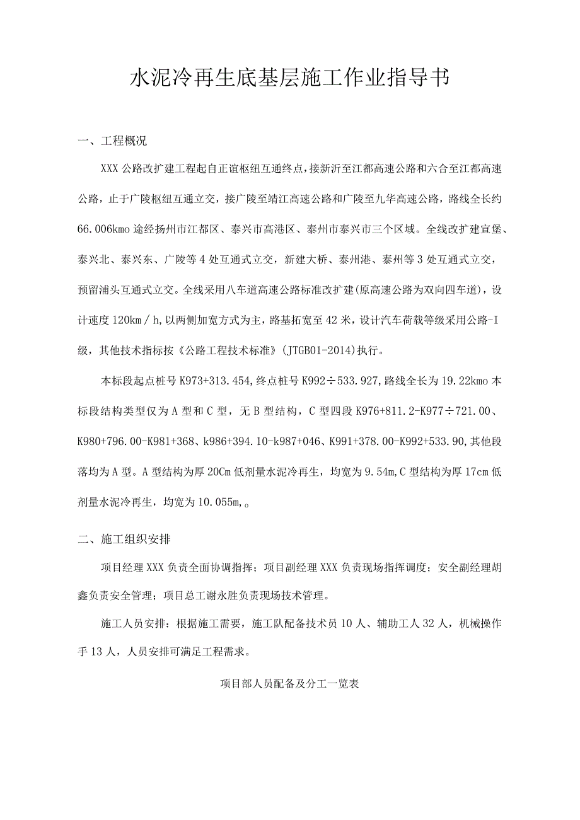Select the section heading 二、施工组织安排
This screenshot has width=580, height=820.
pyautogui.click(x=124, y=539)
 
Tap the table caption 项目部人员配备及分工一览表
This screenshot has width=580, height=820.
pyautogui.click(x=289, y=683)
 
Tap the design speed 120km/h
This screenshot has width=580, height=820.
pyautogui.click(x=127, y=320)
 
